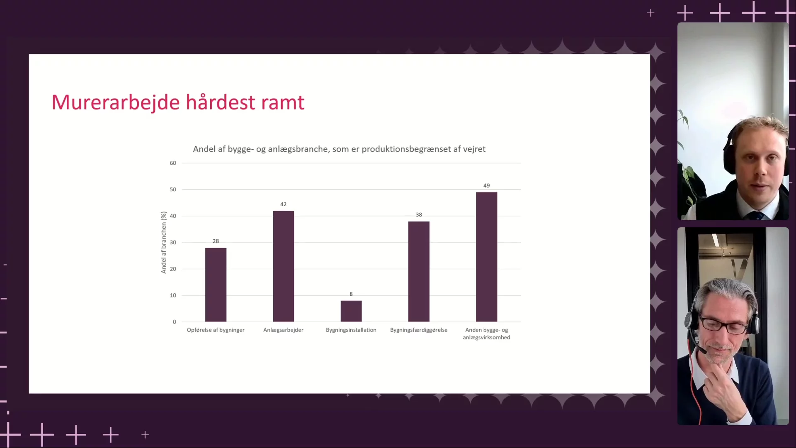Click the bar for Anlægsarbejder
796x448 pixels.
pos(283,266)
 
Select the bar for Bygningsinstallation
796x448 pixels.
pos(351,311)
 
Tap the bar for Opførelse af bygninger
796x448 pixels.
pos(216,285)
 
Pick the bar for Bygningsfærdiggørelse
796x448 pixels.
pos(419,272)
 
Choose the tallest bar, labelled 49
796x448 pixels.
pos(486,257)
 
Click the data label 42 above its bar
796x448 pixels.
pos(283,204)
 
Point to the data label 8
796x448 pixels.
pos(351,294)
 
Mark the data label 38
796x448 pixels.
pos(419,214)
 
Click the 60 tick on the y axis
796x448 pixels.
pos(173,163)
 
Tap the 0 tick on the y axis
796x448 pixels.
pos(175,322)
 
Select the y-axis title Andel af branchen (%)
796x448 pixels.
pos(164,242)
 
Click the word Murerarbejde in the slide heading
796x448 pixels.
pos(116,103)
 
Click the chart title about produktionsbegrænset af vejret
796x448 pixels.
pos(339,149)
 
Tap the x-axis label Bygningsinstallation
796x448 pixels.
pos(351,330)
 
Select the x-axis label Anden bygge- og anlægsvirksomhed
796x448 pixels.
pos(486,334)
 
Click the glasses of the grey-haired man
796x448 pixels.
pos(723,324)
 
